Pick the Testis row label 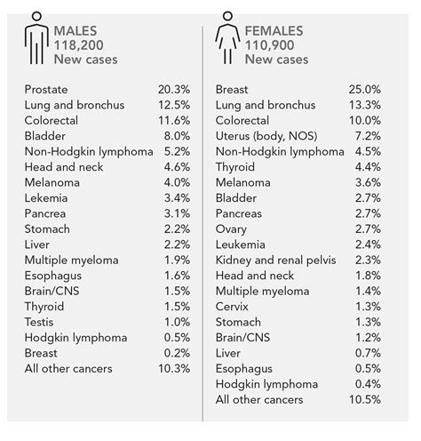point(44,321)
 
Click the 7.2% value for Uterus point(365,136)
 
